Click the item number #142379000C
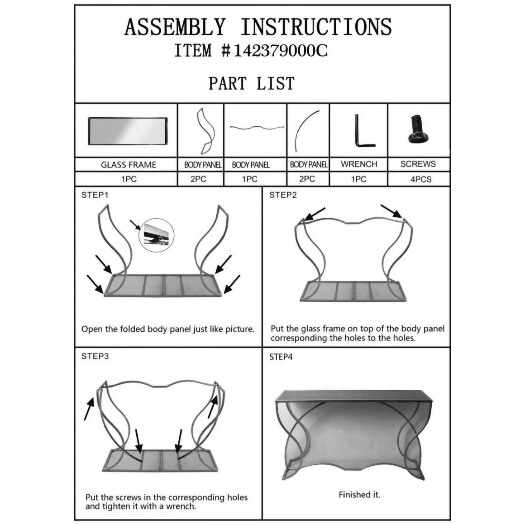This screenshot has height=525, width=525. (274, 51)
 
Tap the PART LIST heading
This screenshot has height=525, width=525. (252, 83)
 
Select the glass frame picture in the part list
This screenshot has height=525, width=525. (128, 131)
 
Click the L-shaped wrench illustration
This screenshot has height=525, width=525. (363, 131)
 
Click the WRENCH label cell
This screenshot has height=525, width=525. (359, 164)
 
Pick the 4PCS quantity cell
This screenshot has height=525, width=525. (419, 179)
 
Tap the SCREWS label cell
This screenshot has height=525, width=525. (419, 164)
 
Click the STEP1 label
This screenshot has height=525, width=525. (95, 195)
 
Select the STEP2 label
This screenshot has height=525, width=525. (283, 195)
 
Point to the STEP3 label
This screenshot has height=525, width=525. (95, 356)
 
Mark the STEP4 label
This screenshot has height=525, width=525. (281, 357)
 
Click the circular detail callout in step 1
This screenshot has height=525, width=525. (156, 235)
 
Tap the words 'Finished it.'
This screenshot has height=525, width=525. (359, 495)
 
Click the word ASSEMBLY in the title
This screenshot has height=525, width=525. (175, 27)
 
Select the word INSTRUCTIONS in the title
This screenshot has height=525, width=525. (316, 27)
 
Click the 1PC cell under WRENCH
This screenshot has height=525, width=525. (359, 179)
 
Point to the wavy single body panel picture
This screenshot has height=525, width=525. (257, 128)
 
